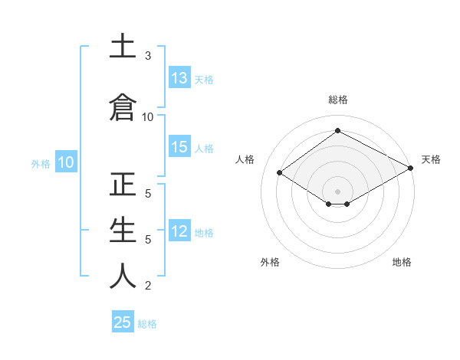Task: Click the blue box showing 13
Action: click(x=179, y=78)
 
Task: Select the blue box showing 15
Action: click(x=179, y=148)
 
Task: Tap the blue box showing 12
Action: click(x=179, y=232)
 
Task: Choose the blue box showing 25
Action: click(x=123, y=322)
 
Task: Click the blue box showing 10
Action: click(x=65, y=162)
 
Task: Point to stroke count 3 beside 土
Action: click(x=148, y=56)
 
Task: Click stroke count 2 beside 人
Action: click(x=148, y=286)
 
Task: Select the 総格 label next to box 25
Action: click(x=147, y=324)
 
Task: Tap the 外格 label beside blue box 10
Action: click(x=41, y=163)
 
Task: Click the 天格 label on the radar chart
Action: click(x=431, y=159)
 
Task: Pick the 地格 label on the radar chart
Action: click(x=402, y=262)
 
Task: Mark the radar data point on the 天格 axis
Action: click(x=411, y=169)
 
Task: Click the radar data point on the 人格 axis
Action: click(x=280, y=173)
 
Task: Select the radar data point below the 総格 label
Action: click(x=337, y=131)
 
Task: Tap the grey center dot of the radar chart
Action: click(x=337, y=191)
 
